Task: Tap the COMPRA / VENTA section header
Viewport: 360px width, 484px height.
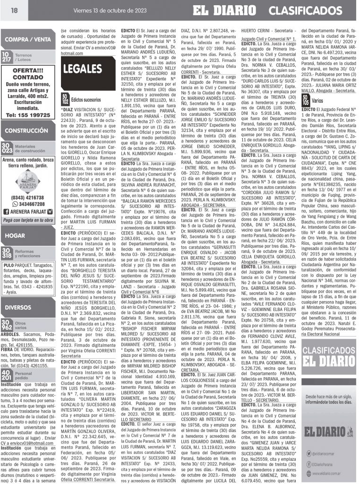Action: [x=27, y=40]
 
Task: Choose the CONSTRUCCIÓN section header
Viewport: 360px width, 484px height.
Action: [x=27, y=131]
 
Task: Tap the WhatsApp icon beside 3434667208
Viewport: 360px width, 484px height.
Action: [x=10, y=204]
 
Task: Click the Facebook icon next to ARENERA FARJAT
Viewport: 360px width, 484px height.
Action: [x=6, y=211]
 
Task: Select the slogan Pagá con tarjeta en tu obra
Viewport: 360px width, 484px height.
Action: [x=28, y=221]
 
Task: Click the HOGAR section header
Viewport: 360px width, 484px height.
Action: [x=16, y=235]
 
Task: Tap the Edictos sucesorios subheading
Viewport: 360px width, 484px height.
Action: [x=86, y=100]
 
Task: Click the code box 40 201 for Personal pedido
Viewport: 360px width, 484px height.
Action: [x=7, y=376]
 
